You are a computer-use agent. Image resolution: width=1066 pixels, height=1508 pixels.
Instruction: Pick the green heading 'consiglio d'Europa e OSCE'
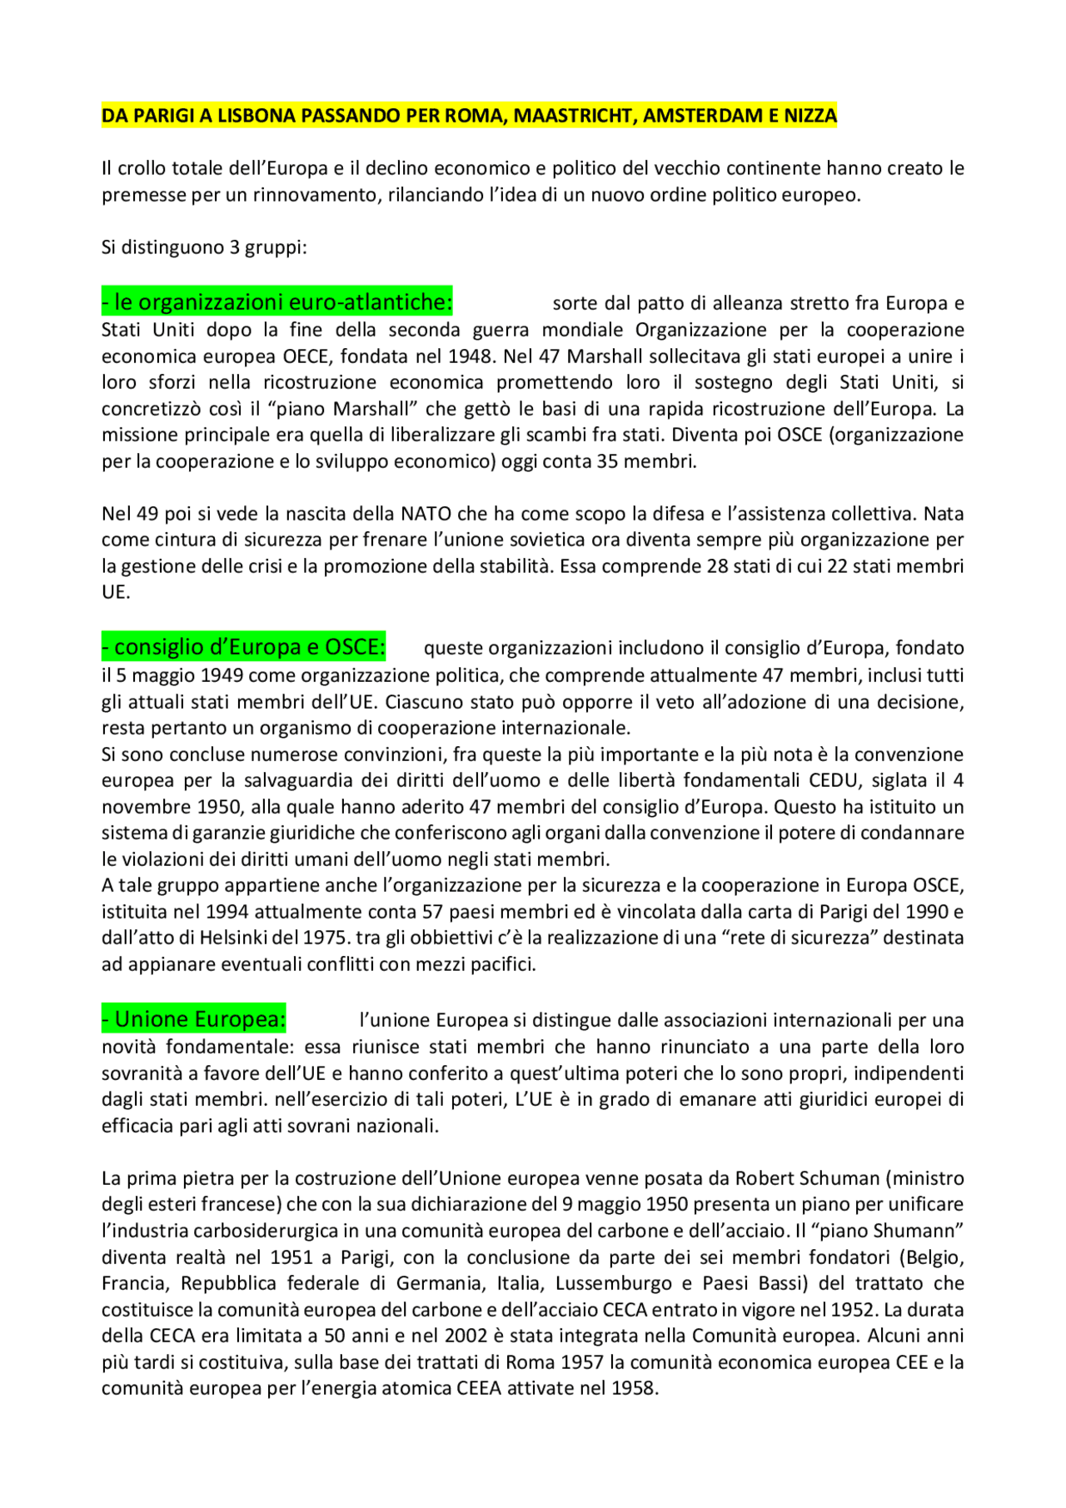(x=244, y=646)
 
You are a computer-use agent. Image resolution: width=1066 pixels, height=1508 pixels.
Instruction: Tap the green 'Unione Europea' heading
(x=194, y=1018)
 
